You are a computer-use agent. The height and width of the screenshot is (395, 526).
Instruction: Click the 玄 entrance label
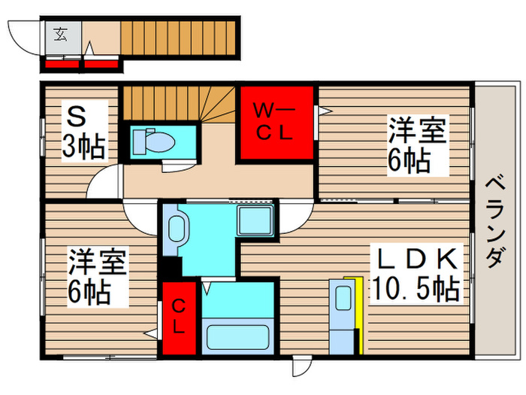pyautogui.click(x=59, y=33)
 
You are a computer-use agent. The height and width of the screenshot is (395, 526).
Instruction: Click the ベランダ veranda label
pyautogui.click(x=494, y=223)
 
